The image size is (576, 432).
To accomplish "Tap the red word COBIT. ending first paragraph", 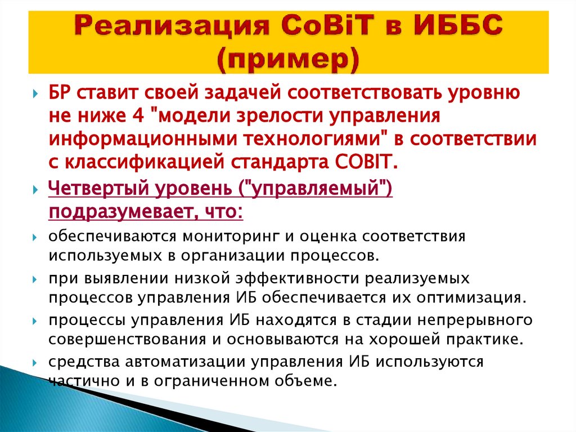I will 367,162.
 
